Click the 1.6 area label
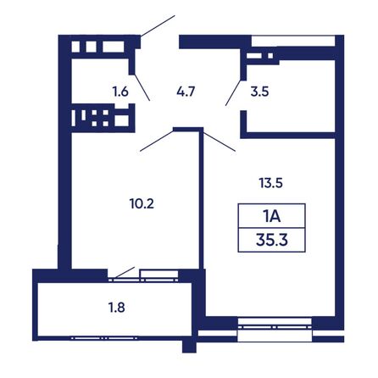click(x=120, y=92)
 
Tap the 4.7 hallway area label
click(x=186, y=92)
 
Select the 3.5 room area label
click(x=259, y=92)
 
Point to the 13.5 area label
click(x=270, y=183)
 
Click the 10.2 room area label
click(x=142, y=203)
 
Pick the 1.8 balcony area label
click(x=117, y=308)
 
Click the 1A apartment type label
click(x=272, y=216)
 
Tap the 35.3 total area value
click(x=272, y=240)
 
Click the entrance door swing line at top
click(x=158, y=26)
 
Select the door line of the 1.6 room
click(x=142, y=87)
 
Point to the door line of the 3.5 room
click(x=234, y=92)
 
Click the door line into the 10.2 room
click(x=157, y=140)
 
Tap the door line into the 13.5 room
click(x=219, y=142)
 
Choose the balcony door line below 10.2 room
click(x=125, y=272)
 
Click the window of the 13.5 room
click(x=275, y=327)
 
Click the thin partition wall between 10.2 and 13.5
click(x=202, y=199)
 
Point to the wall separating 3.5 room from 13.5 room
click(x=287, y=136)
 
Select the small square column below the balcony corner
click(x=189, y=347)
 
